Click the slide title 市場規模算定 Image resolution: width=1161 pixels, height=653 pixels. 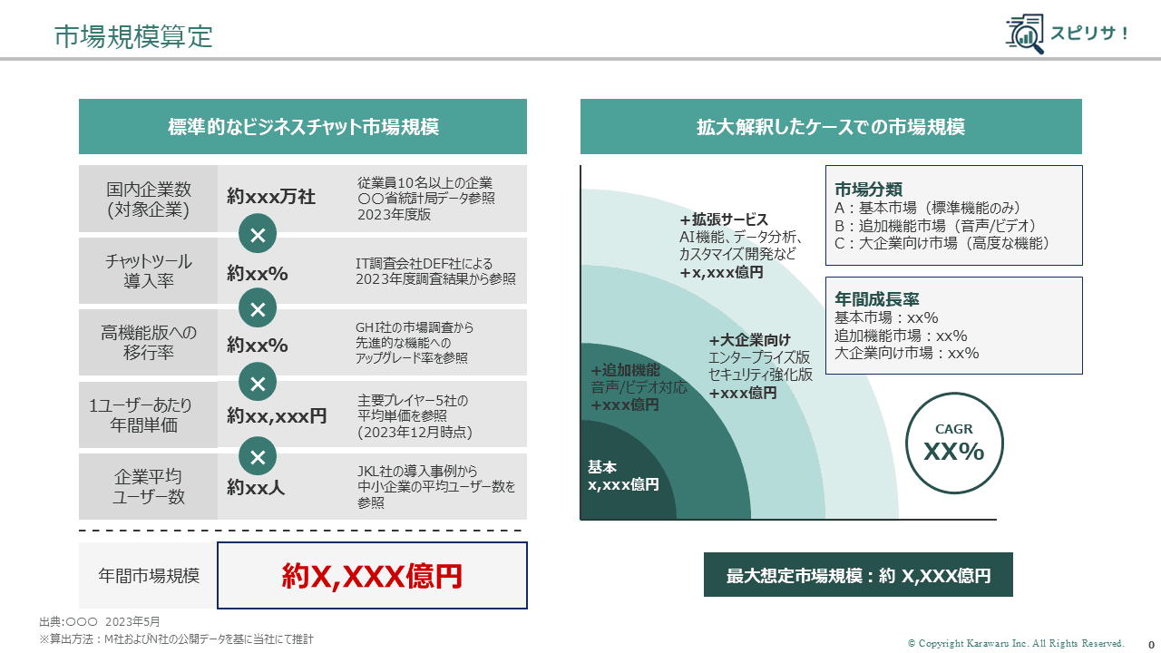tap(133, 36)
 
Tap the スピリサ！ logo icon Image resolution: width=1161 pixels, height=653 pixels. tap(1025, 34)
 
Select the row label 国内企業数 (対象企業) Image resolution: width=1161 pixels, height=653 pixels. tap(149, 200)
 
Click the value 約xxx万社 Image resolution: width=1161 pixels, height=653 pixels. tap(271, 197)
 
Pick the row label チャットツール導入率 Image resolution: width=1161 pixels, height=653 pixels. tap(149, 271)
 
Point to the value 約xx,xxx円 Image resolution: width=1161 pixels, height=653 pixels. tap(277, 416)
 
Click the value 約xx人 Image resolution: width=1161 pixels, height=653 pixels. tap(256, 488)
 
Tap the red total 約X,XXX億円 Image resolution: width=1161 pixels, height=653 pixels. tap(372, 576)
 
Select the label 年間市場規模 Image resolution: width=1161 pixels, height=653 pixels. tap(149, 576)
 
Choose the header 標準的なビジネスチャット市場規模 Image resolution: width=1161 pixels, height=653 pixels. tap(303, 127)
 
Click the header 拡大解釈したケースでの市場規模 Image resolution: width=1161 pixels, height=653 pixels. tap(831, 127)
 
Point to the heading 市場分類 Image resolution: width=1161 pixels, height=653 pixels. tap(868, 190)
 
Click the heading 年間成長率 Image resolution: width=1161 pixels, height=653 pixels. tap(877, 299)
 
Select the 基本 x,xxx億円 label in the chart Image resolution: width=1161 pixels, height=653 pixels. tap(623, 476)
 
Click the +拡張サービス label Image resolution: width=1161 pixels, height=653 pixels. tap(724, 219)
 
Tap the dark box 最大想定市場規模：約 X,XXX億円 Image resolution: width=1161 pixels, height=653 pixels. tap(858, 575)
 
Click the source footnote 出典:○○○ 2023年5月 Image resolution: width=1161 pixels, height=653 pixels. tap(100, 622)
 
